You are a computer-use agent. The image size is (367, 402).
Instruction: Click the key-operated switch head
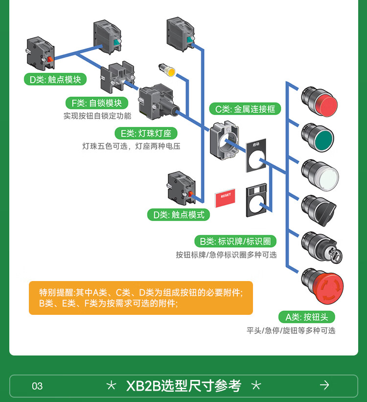321,247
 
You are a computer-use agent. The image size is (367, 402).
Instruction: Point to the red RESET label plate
225,197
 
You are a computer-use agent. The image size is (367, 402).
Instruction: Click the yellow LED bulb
168,71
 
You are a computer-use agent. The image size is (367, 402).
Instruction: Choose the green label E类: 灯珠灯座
146,133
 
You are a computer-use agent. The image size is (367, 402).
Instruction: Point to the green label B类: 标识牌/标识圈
235,241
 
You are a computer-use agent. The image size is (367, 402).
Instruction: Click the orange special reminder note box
141,298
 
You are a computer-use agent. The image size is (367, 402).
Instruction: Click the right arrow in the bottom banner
324,385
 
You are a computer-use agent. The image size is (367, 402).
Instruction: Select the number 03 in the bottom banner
37,386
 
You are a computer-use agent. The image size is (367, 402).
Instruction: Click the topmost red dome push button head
321,101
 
